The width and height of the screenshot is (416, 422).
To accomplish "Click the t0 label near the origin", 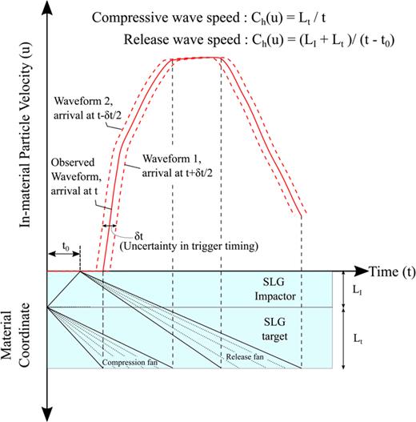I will [64, 248].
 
